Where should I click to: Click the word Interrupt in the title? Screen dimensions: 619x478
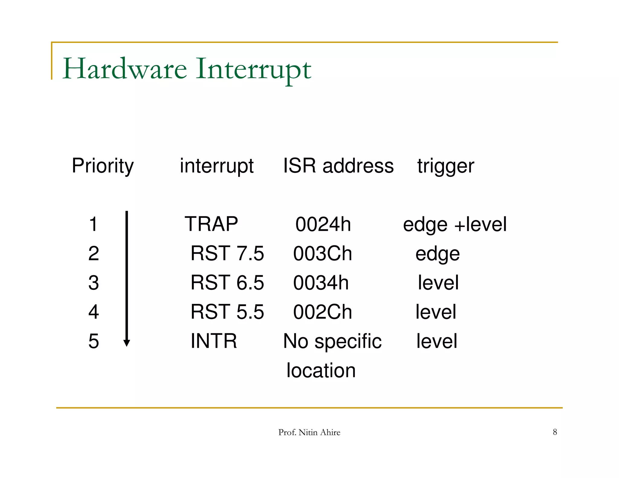pos(253,69)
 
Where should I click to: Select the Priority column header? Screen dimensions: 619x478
pos(102,166)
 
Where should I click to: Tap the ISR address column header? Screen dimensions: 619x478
pos(338,166)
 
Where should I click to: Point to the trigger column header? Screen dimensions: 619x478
pos(446,166)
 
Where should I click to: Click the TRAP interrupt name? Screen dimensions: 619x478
pos(211,224)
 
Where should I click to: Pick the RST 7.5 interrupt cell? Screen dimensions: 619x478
pos(227,253)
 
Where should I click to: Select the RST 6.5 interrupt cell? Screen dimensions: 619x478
pos(227,283)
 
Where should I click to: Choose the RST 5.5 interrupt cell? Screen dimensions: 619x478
pos(227,312)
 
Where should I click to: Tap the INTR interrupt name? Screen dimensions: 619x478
pos(214,341)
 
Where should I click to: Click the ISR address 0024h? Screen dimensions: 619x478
pos(323,224)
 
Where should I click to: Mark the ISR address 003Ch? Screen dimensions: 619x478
pos(322,254)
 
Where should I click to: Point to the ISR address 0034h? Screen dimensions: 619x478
pos(321,283)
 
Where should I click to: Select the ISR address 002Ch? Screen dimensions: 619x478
pos(322,312)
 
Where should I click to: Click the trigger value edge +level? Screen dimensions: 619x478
pos(455,224)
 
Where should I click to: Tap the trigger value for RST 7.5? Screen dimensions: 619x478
pos(437,254)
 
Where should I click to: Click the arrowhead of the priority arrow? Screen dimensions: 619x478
pos(127,343)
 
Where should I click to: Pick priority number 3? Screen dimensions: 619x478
pos(94,283)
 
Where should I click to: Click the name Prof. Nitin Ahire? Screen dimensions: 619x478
pos(309,432)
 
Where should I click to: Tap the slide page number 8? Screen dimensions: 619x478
pos(555,432)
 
